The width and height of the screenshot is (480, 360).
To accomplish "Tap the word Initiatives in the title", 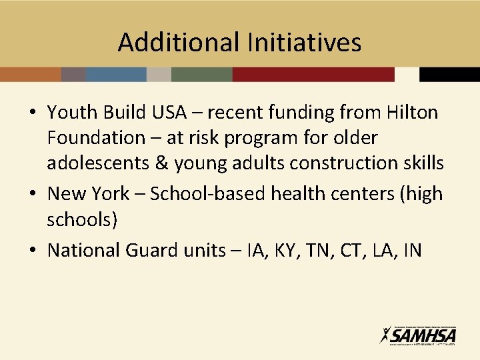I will tap(304, 43).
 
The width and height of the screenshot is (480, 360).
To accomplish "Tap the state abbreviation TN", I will tap(322, 250).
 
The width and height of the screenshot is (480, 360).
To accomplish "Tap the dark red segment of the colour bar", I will tap(313, 74).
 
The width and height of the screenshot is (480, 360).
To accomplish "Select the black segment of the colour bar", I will tap(449, 74).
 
